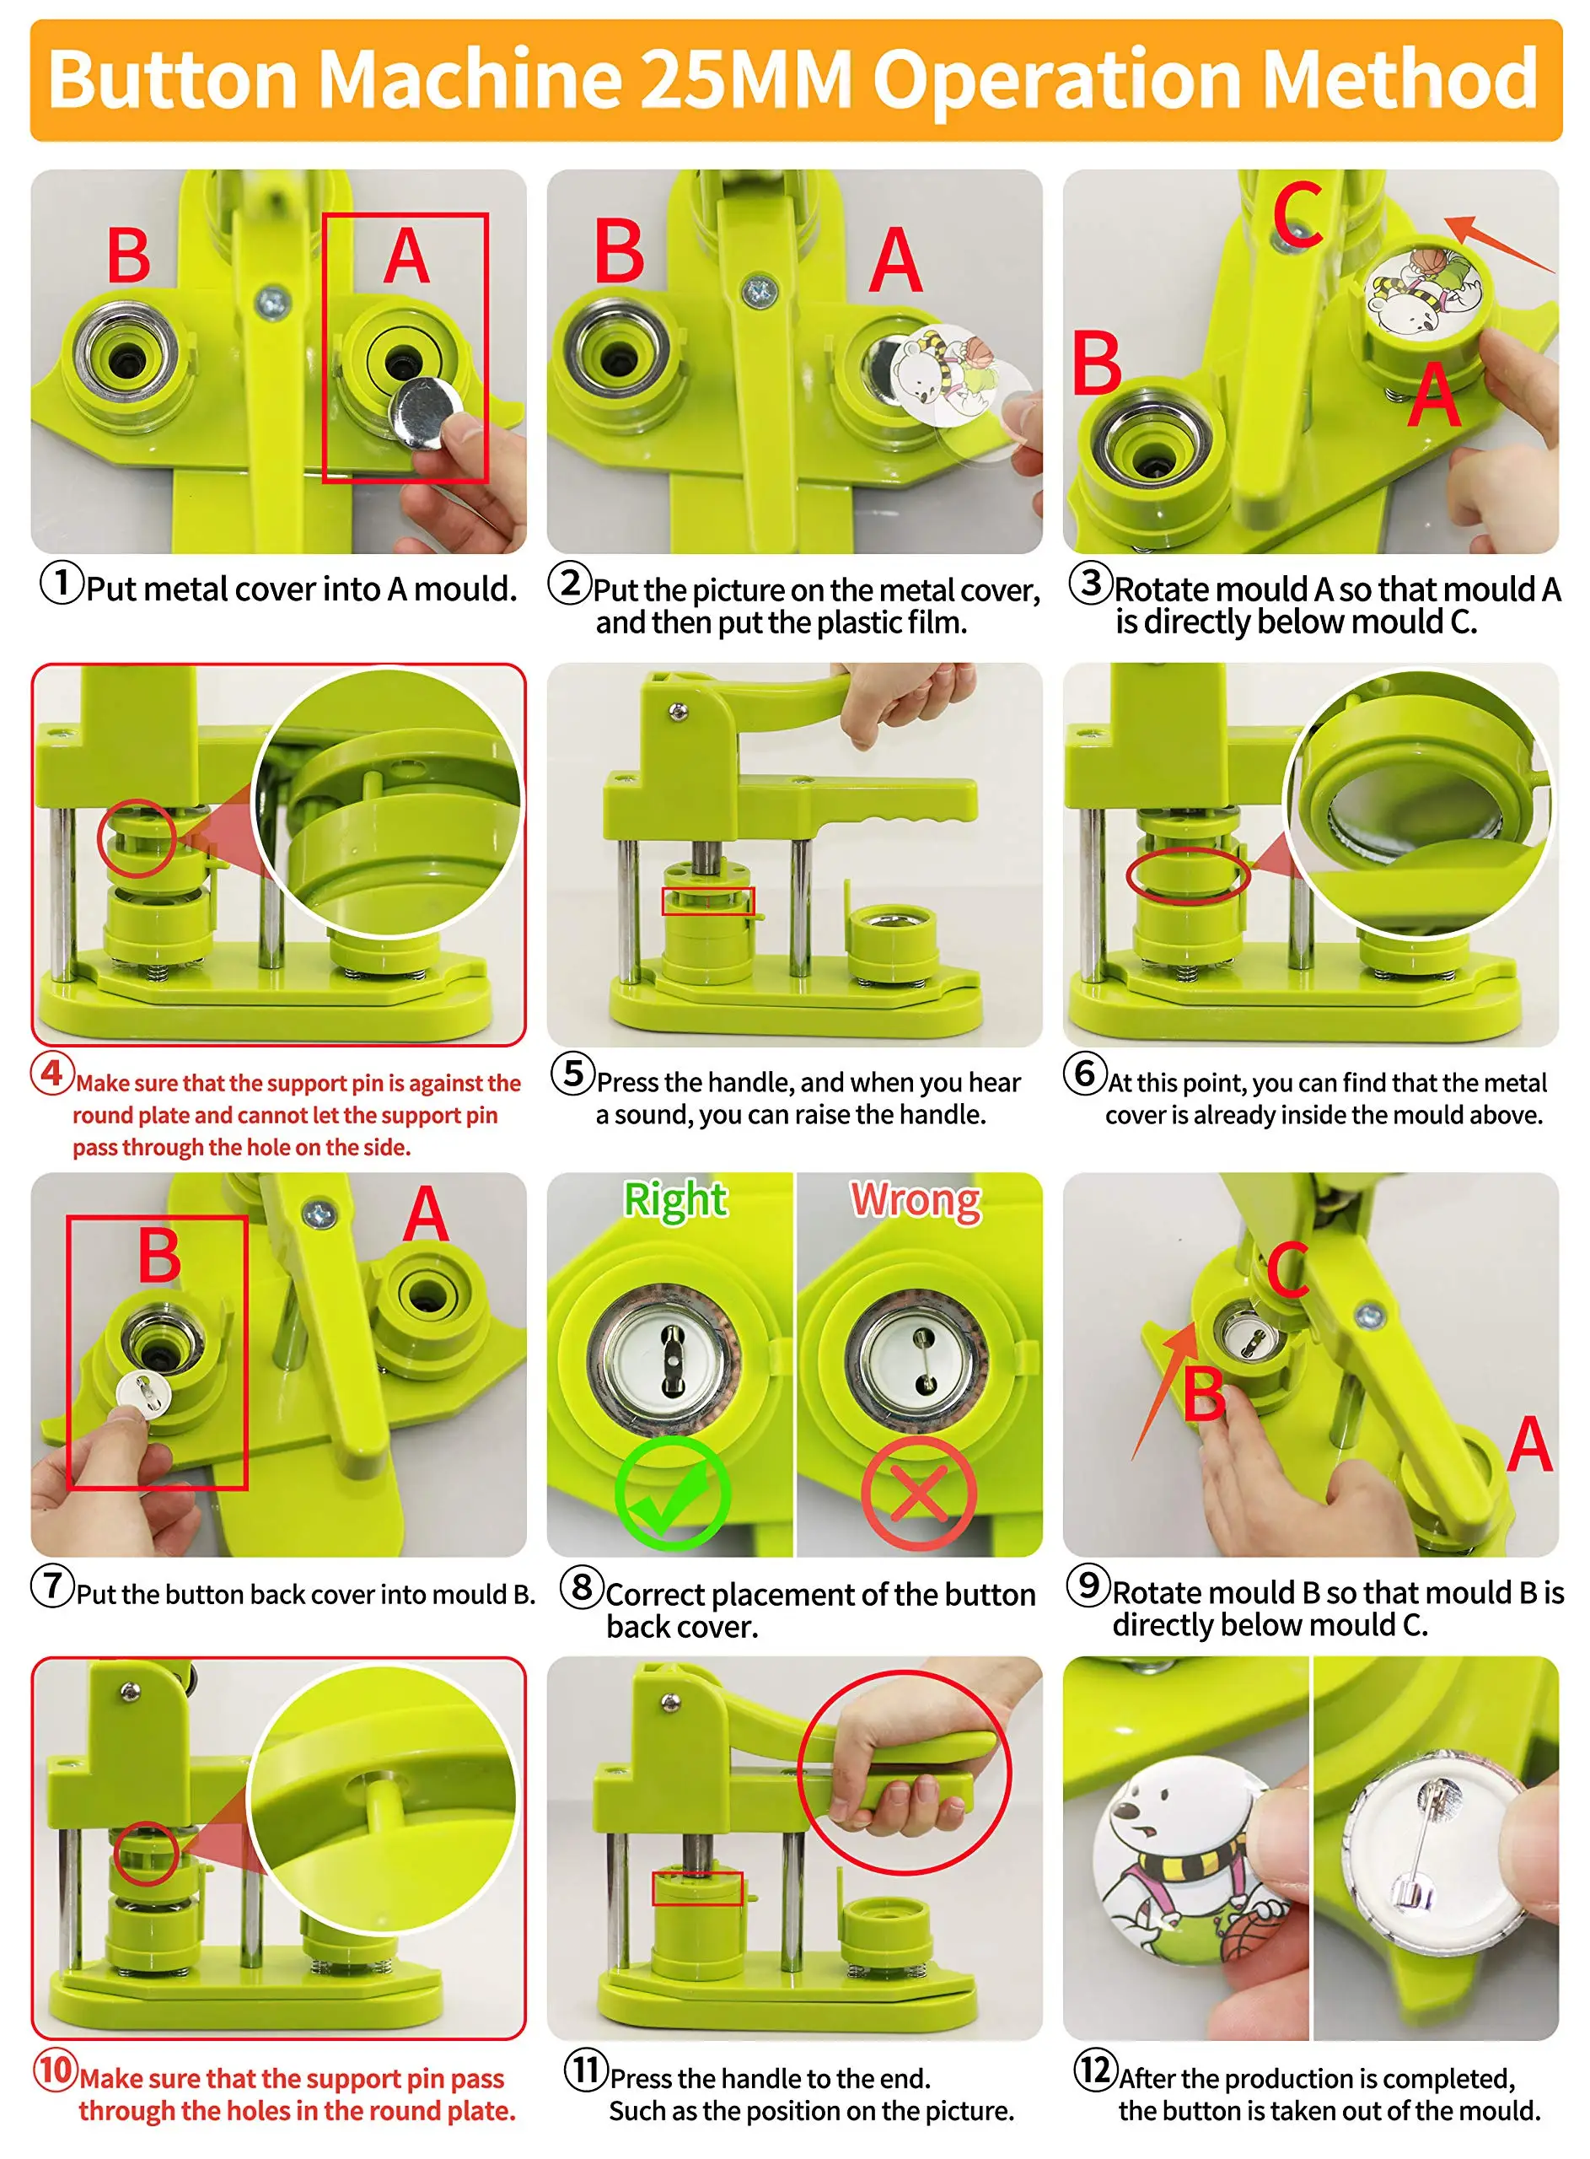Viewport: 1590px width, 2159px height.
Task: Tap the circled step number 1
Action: pos(62,584)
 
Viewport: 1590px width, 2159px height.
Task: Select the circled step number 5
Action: pos(572,1074)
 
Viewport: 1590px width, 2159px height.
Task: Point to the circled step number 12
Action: pos(1095,2069)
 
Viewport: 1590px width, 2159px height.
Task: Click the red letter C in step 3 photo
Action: pos(1297,216)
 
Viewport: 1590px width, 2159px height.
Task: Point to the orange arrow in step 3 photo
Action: pos(1500,245)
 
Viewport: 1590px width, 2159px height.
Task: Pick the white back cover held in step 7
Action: pos(142,1391)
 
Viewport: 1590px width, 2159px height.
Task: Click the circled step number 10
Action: pos(56,2069)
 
